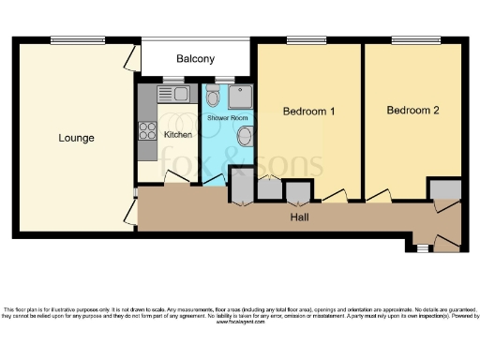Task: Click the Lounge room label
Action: pyautogui.click(x=77, y=138)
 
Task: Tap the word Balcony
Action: pyautogui.click(x=195, y=59)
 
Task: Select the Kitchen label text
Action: pyautogui.click(x=178, y=134)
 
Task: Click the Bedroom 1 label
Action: pyautogui.click(x=308, y=112)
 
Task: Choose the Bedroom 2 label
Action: pyautogui.click(x=412, y=110)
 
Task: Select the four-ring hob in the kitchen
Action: pyautogui.click(x=146, y=131)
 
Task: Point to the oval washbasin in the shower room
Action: pyautogui.click(x=245, y=137)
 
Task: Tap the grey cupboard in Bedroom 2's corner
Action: pyautogui.click(x=444, y=189)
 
